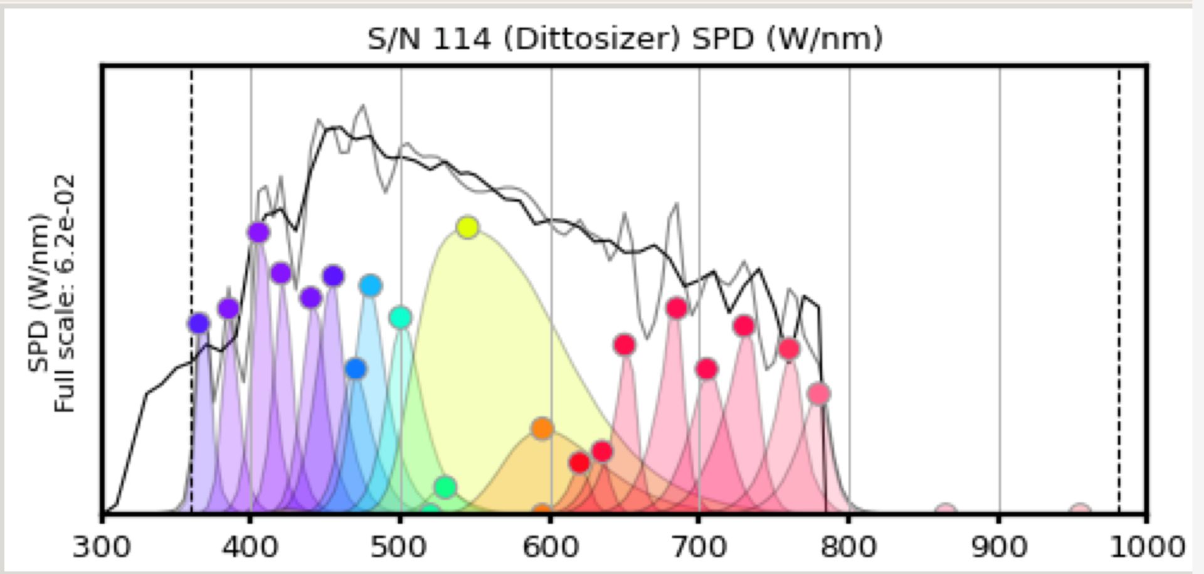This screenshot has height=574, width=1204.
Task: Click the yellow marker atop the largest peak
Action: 468,227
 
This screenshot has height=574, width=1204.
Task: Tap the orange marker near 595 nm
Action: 542,428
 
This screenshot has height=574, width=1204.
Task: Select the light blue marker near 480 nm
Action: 371,286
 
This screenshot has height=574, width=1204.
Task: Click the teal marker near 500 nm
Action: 400,317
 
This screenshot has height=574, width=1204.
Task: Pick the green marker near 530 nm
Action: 445,486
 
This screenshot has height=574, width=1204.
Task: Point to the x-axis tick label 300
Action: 102,547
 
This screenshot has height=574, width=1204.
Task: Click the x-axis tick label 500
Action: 399,547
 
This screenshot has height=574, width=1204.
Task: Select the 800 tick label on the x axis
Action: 848,547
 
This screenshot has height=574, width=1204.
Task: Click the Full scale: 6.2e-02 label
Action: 64,293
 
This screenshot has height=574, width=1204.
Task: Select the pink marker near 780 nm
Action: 818,394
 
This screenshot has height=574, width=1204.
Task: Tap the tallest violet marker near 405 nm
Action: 258,233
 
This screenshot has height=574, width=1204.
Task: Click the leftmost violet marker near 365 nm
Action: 199,324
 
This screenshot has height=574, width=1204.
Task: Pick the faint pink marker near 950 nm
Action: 1080,509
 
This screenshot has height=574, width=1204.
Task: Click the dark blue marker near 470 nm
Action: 356,369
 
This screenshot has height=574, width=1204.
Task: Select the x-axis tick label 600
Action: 550,547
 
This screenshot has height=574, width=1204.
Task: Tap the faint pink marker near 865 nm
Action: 946,509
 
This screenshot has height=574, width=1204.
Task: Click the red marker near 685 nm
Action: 677,308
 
